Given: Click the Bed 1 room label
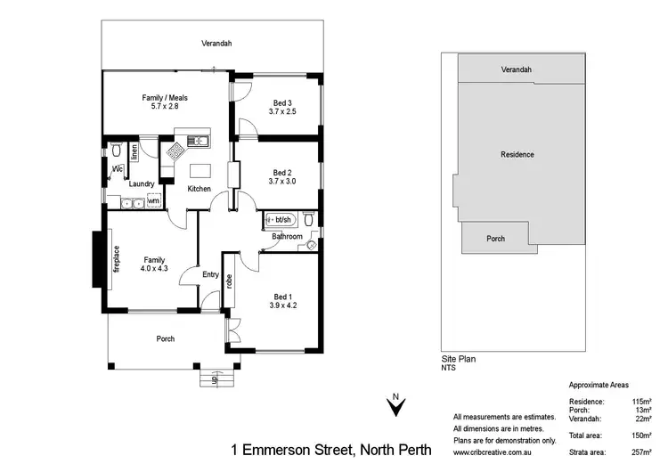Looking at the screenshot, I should click(281, 296).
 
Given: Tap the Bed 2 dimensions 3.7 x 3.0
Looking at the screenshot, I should click(281, 182).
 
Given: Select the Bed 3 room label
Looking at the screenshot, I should click(281, 102).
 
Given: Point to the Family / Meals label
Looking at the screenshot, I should click(165, 98).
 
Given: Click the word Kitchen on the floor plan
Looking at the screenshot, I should click(199, 189).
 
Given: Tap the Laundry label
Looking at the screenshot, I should click(142, 184).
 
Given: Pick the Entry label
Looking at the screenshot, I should click(210, 274).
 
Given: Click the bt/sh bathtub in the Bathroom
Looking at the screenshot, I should click(281, 218).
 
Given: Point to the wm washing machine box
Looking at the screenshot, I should click(153, 201).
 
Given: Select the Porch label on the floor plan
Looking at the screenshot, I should click(165, 338).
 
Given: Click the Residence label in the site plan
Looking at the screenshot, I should click(517, 155).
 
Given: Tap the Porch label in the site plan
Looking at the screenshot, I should click(495, 239).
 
